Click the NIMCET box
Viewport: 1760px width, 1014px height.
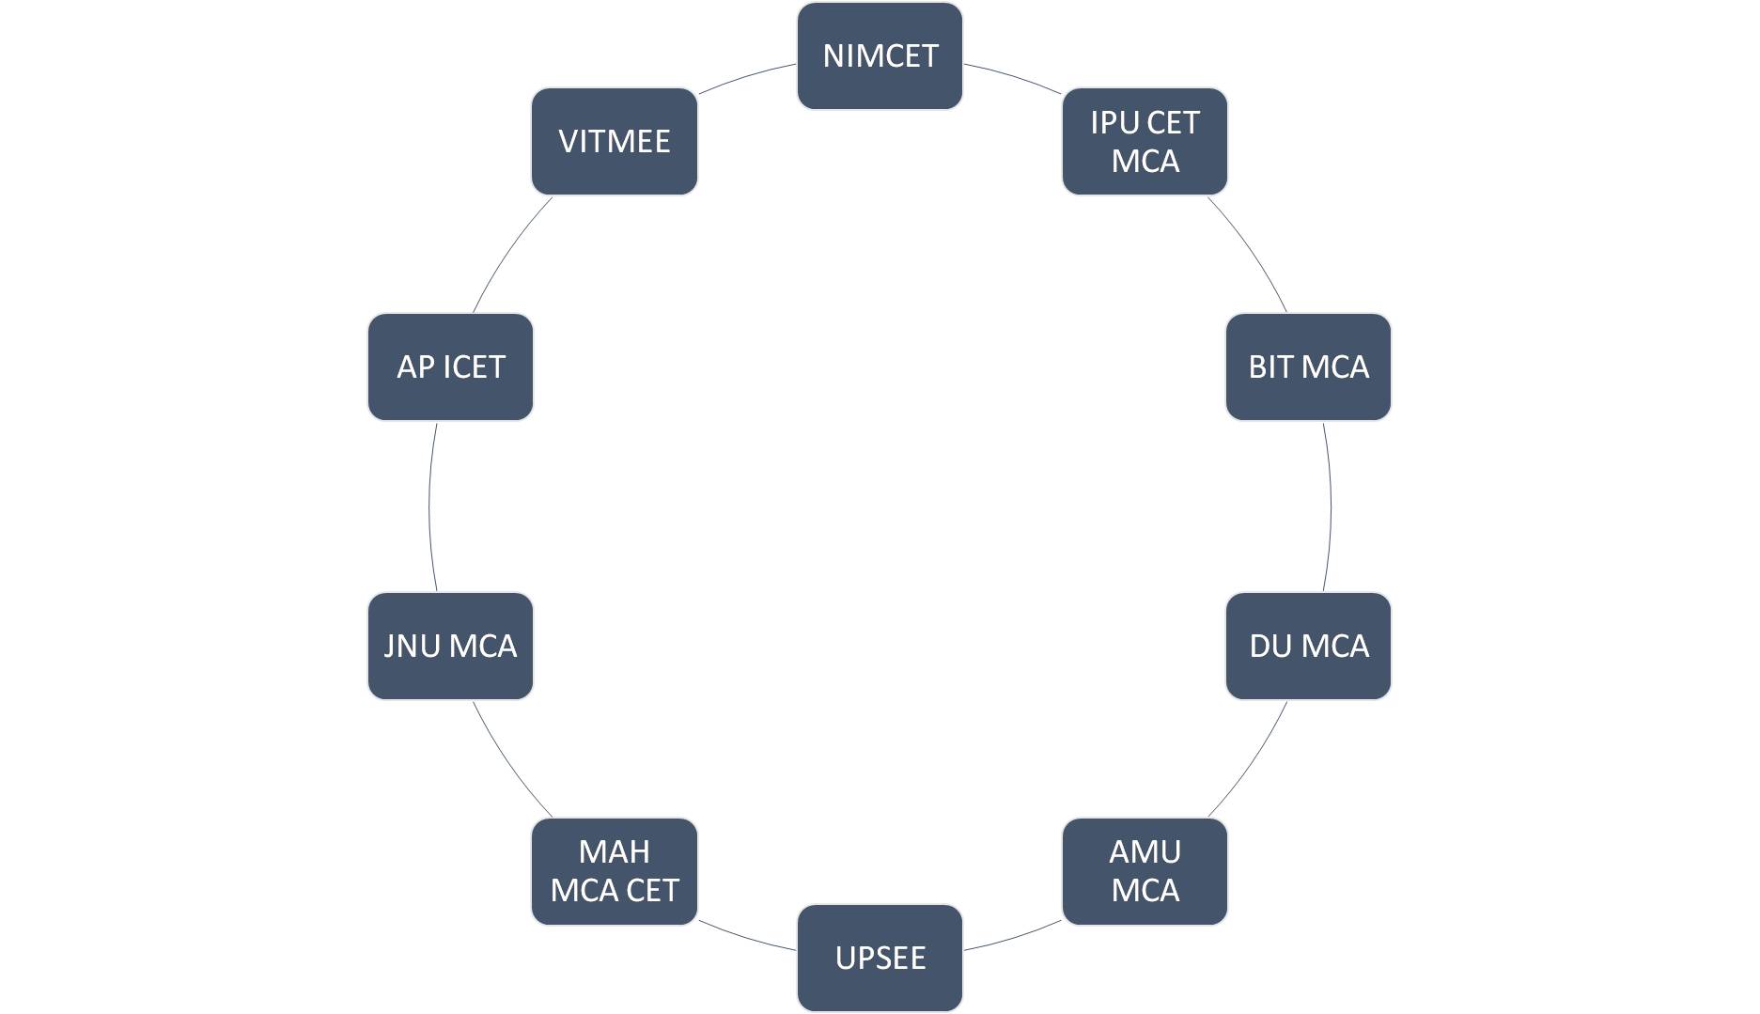pos(880,56)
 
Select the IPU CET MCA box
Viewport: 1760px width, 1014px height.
pos(1145,142)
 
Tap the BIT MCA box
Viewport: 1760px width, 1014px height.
pos(1308,367)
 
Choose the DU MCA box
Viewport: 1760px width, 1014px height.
pos(1308,646)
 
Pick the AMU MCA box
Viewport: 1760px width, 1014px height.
pos(1145,871)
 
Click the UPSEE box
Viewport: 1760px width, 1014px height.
pos(880,958)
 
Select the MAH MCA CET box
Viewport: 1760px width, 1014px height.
pos(615,871)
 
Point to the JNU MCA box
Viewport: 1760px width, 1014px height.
pos(450,646)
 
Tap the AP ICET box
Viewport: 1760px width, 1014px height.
pos(450,367)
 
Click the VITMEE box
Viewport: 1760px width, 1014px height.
pos(615,142)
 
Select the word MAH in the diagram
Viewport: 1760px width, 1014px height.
pos(615,851)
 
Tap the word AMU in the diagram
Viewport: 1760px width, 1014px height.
pos(1145,851)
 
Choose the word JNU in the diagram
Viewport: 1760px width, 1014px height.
pos(413,646)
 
